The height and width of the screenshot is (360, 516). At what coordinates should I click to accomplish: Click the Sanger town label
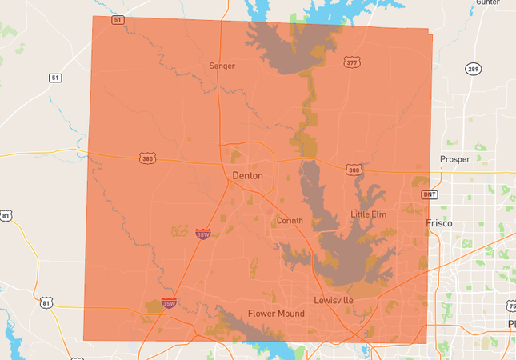(222, 66)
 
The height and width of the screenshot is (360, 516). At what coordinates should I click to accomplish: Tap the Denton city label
(247, 175)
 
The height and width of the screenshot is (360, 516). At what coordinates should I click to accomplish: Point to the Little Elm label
(369, 214)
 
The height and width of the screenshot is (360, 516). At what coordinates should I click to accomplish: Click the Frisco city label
(439, 223)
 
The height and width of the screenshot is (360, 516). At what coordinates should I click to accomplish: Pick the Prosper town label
(455, 159)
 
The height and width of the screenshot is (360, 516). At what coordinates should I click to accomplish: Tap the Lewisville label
(334, 300)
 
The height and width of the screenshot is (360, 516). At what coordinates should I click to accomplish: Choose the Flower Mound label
(276, 314)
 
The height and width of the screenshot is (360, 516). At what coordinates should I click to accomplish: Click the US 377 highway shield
(352, 62)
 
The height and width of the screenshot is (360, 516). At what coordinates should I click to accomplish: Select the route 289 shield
(474, 69)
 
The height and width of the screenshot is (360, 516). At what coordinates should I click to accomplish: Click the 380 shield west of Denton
(146, 158)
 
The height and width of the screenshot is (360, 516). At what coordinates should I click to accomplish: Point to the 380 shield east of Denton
(354, 170)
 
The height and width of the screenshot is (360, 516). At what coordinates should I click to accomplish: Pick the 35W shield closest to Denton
(203, 234)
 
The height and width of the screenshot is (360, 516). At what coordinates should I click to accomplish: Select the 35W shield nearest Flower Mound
(169, 303)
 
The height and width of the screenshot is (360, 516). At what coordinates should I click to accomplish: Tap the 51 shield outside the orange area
(55, 78)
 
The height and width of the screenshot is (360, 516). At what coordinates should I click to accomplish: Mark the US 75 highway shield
(511, 306)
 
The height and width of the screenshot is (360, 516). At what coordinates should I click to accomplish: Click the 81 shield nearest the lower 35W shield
(46, 302)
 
